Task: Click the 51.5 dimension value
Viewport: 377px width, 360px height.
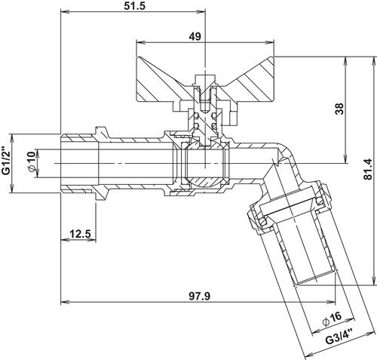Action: [134, 5]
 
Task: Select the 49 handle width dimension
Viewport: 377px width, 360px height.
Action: [195, 37]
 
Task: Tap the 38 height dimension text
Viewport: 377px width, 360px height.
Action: [339, 109]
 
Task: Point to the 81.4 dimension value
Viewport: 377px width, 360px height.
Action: [368, 169]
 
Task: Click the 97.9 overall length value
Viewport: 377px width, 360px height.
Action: [199, 296]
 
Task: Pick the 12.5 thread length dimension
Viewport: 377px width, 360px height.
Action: [80, 234]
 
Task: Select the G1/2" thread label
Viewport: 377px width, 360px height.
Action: [6, 160]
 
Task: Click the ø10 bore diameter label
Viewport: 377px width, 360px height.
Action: [32, 162]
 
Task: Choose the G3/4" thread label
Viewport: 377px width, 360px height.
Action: [339, 337]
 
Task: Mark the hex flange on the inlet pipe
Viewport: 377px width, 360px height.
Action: [101, 164]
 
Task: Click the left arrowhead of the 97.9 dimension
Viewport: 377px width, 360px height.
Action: [65, 302]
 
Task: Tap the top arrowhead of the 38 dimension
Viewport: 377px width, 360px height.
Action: [346, 60]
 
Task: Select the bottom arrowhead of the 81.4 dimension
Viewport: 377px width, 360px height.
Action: [374, 281]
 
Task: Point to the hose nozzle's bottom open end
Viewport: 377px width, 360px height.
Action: [315, 278]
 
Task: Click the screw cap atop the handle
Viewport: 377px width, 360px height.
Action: [206, 78]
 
